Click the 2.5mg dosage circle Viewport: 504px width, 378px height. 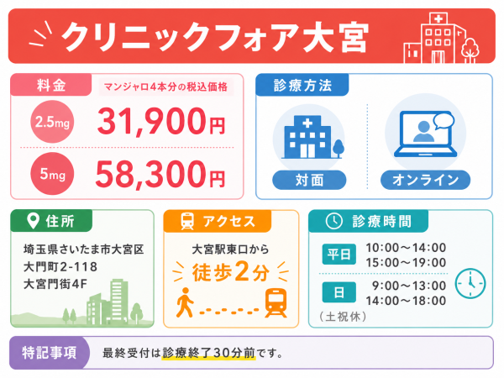52,122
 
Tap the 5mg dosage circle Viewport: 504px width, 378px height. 52,174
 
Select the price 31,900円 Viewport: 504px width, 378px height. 161,121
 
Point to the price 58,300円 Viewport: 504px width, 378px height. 160,174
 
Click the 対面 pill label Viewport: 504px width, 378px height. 309,180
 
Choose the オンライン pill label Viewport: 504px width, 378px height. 425,180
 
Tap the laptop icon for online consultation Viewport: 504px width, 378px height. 426,134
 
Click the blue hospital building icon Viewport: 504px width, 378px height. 312,137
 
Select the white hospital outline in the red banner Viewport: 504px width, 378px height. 441,38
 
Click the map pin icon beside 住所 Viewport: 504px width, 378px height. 33,220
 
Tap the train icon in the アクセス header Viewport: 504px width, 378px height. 187,221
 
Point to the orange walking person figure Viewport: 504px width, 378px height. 185,302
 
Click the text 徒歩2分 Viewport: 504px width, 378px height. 231,272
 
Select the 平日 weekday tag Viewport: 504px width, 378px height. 339,255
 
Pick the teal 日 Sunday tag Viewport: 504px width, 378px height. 339,292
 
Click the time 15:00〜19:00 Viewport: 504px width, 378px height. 406,262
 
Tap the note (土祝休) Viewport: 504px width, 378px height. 343,317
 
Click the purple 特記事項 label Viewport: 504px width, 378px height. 50,353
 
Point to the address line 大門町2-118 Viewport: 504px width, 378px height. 60,267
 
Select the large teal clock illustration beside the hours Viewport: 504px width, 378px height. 470,283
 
